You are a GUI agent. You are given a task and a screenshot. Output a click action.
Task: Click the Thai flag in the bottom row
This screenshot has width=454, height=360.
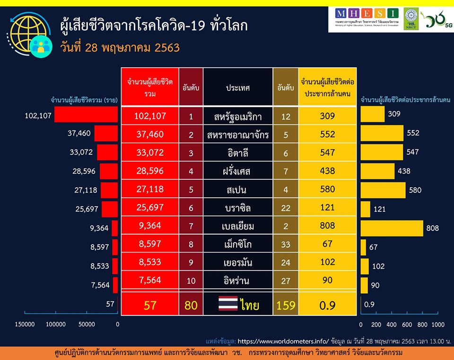pos(228,305)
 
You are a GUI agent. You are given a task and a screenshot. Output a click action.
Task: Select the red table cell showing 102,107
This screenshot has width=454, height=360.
pos(149,116)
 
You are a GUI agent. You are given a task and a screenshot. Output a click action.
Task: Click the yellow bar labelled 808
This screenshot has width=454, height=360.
pos(392,228)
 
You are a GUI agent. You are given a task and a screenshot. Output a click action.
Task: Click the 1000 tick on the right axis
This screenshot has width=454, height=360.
pos(438,324)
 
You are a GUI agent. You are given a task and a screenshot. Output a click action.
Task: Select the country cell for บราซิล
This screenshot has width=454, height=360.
pos(238,208)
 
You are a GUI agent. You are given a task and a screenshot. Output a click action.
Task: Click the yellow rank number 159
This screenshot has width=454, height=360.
pos(286,305)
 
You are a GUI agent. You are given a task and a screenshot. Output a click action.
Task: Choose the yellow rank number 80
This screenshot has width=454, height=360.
pos(191,305)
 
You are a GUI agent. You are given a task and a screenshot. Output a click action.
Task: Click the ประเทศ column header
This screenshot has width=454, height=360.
pos(238,88)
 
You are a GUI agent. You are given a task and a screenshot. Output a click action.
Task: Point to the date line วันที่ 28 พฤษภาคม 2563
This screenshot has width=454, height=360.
pos(120,48)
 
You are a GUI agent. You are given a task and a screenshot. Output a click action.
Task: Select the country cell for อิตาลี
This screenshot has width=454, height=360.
pos(238,153)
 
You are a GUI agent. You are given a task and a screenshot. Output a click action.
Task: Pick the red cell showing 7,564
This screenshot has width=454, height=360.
pos(149,281)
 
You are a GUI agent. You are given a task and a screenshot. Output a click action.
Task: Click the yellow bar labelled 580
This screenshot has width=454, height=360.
pos(383,190)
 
